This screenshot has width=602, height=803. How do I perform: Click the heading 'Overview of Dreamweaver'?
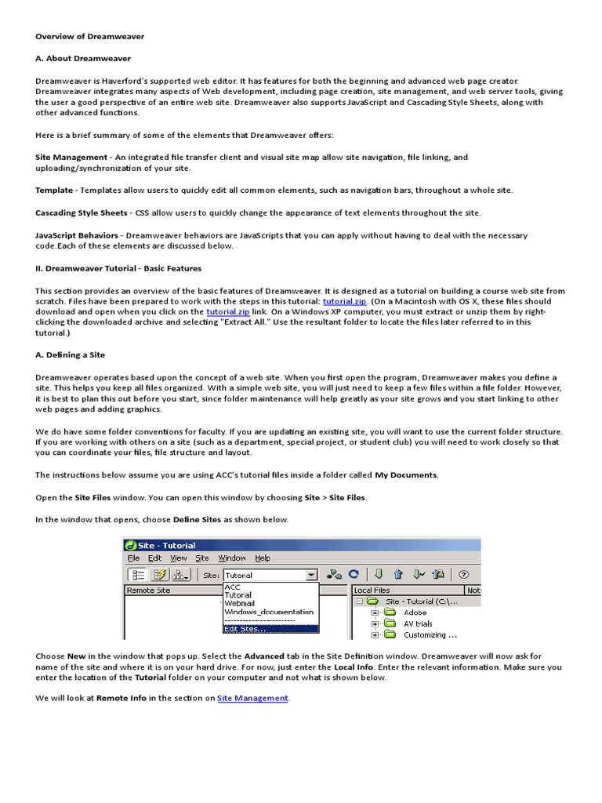coord(89,36)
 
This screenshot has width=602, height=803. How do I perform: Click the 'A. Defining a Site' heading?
coord(70,355)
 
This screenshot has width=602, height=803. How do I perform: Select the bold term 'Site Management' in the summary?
coord(71,158)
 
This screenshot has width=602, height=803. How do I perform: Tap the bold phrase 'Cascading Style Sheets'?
coord(81,213)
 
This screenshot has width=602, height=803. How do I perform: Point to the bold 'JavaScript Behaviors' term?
coord(77,235)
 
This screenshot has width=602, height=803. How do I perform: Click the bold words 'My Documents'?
coord(406,474)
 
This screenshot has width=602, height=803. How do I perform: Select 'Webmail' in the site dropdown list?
coord(239,604)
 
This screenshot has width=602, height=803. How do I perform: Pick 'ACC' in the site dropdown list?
coord(232,587)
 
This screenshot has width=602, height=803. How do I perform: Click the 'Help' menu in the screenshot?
coord(263,558)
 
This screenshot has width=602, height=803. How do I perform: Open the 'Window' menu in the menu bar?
coord(232,558)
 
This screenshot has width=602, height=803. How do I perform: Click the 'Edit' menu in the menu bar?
coord(156,558)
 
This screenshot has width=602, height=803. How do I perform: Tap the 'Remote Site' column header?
coord(148,590)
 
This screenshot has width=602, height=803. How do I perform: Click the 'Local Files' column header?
coord(372,590)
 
